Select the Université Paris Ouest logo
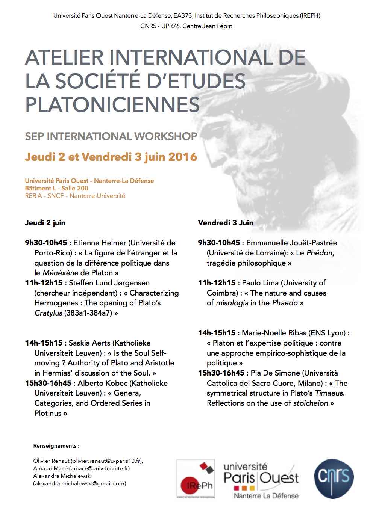(x=261, y=480)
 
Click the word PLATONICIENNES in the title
(x=112, y=105)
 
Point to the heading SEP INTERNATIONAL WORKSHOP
(x=111, y=136)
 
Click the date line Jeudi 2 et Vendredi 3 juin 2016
(x=111, y=156)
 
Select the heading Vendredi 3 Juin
(x=226, y=223)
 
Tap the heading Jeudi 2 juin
(x=45, y=223)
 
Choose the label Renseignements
(x=56, y=446)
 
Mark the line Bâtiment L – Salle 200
(x=57, y=188)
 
